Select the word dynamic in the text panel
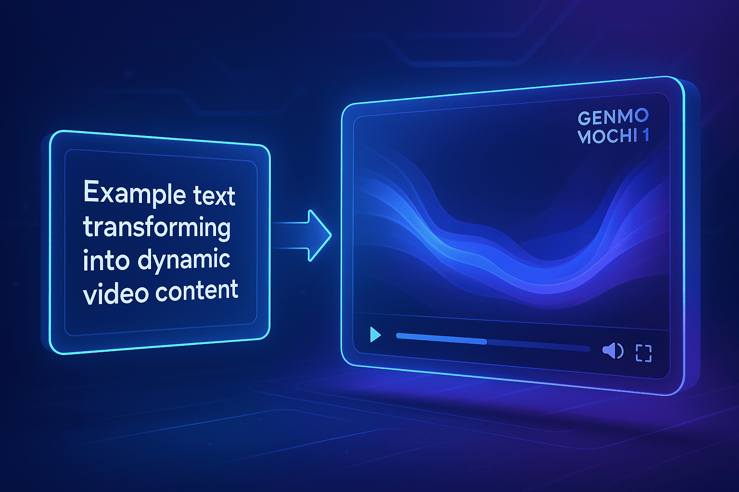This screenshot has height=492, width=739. [184, 261]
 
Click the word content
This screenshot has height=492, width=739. [197, 290]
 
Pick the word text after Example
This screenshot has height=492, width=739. [214, 196]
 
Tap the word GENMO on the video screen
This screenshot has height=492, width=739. [613, 118]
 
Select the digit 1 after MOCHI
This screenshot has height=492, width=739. [646, 135]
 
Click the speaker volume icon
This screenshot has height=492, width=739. [612, 350]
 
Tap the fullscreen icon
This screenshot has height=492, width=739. [643, 354]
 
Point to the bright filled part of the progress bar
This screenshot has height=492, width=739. [441, 338]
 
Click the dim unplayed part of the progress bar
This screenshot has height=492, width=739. [538, 345]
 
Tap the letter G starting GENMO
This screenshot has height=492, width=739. [585, 118]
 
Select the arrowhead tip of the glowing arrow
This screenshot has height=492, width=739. [331, 235]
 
